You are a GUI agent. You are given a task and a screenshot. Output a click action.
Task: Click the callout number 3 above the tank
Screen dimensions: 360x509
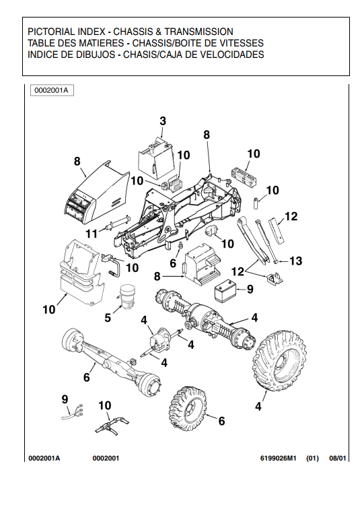coord(163,121)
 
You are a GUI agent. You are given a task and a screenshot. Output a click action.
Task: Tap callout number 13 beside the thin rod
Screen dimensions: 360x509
coord(295,261)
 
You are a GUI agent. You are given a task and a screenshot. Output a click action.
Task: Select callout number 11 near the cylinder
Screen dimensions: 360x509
coord(92,234)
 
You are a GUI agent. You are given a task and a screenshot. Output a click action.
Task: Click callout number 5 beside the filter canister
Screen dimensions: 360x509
coord(108,318)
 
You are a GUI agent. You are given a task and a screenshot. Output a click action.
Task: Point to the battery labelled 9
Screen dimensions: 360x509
coord(225,291)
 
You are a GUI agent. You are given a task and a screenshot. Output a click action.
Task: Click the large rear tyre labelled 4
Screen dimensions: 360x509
coord(279,361)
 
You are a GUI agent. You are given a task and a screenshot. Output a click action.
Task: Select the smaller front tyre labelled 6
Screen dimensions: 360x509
coord(186,409)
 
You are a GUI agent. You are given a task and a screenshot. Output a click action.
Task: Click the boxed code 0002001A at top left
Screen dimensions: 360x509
coord(52,90)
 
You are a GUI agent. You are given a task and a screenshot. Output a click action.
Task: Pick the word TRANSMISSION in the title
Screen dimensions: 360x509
coord(199,32)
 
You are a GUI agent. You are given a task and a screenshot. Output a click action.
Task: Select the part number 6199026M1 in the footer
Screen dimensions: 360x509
coord(279,459)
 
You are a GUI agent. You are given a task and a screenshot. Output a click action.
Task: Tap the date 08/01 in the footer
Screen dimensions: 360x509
coord(338,459)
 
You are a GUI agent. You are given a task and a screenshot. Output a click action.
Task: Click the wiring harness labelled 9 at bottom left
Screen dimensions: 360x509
coord(72,411)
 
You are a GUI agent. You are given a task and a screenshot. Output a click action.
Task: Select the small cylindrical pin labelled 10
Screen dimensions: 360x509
coord(256,203)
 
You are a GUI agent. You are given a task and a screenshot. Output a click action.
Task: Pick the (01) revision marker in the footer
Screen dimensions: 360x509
coord(313,459)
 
